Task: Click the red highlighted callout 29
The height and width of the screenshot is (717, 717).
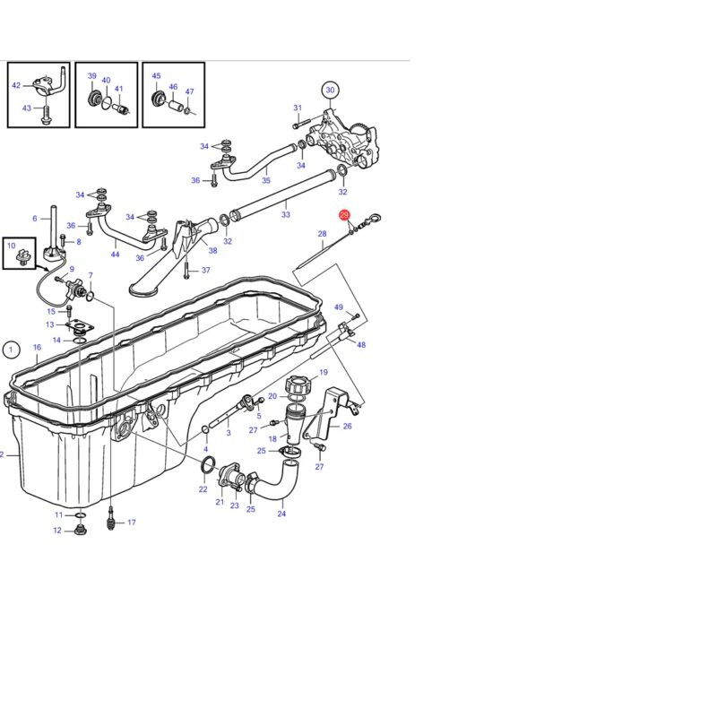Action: pos(344,215)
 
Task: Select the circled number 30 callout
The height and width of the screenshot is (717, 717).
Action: pos(330,91)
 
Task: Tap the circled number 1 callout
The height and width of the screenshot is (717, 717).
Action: pos(11,350)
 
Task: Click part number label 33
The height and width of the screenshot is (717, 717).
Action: pos(286,214)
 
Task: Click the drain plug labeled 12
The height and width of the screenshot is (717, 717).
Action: pos(81,531)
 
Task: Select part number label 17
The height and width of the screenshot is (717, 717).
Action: pos(131,523)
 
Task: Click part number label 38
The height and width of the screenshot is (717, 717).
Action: pos(212,251)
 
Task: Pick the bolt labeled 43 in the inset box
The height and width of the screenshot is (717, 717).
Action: pos(46,115)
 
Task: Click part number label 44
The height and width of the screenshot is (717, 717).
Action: pos(115,255)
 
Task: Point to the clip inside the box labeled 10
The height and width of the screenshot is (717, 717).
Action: pos(22,257)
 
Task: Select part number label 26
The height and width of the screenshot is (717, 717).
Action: pos(347,427)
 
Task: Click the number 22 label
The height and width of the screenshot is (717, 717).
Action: pos(203,489)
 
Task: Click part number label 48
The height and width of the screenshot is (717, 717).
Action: pos(361,345)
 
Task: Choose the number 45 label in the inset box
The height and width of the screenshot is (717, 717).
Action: pos(156,76)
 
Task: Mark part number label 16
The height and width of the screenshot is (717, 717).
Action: pos(37,348)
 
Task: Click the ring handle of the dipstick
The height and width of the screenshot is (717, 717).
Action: pos(374,217)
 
